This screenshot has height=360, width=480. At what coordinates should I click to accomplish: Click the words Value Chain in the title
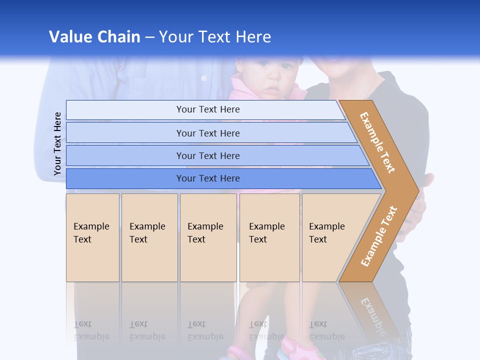[x=94, y=37]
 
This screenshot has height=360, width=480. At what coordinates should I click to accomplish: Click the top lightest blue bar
[x=207, y=109]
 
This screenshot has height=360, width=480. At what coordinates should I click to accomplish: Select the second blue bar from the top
[x=207, y=133]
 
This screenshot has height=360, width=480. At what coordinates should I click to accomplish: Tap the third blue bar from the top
[x=207, y=155]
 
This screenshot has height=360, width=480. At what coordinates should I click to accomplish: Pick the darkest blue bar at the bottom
[x=207, y=178]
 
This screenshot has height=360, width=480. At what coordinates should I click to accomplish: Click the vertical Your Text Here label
[x=57, y=143]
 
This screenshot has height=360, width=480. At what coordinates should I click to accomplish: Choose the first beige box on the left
[x=92, y=237]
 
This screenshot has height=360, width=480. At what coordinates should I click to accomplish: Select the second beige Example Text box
[x=149, y=237]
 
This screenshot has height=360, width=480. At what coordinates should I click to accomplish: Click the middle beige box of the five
[x=208, y=237]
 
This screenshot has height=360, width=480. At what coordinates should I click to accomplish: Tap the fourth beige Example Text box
[x=269, y=237]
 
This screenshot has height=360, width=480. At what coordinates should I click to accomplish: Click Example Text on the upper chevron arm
[x=377, y=142]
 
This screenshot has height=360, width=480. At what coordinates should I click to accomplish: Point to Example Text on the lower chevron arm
[x=379, y=236]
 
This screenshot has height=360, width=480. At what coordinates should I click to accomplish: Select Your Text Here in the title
[x=215, y=37]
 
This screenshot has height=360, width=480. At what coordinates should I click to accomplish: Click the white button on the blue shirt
[x=203, y=78]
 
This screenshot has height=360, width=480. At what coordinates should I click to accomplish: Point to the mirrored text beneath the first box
[x=92, y=330]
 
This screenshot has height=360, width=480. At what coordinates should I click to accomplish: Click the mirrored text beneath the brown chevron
[x=372, y=315]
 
